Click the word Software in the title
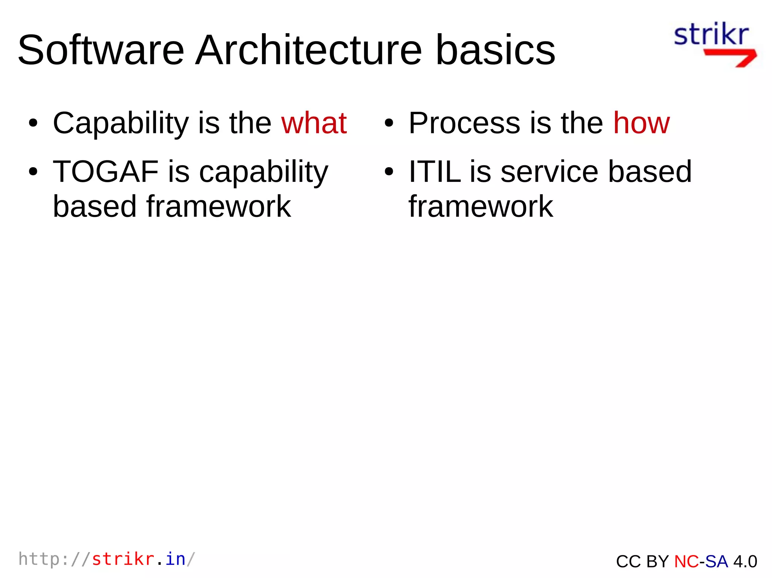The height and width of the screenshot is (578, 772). tap(101, 50)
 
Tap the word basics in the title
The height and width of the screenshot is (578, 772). tap(495, 50)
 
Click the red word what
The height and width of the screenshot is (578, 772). tap(314, 123)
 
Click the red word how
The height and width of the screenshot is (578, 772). tap(642, 123)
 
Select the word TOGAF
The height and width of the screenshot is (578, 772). tap(106, 172)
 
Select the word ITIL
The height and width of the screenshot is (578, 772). tap(435, 172)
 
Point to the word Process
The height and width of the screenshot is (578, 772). tap(464, 123)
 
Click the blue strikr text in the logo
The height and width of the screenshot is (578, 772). tap(711, 35)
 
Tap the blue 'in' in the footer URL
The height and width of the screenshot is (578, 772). tap(176, 559)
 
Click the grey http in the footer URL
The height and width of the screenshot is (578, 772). tap(39, 559)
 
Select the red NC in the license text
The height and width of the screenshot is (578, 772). tap(686, 561)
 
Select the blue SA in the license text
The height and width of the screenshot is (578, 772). tap(717, 561)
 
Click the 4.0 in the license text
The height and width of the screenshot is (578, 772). tap(745, 561)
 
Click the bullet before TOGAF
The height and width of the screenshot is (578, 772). tap(33, 172)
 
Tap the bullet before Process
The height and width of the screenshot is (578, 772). tap(389, 124)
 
